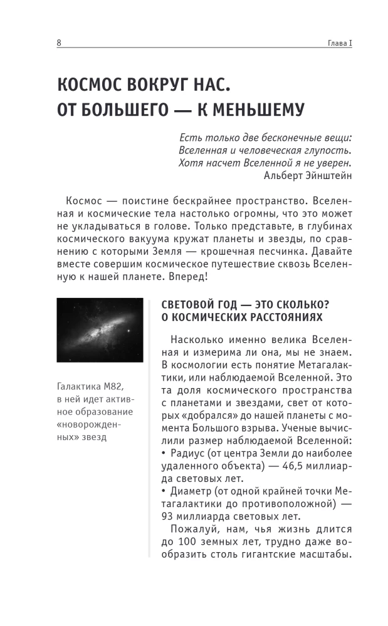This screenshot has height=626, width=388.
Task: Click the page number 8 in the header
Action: coord(59,42)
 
